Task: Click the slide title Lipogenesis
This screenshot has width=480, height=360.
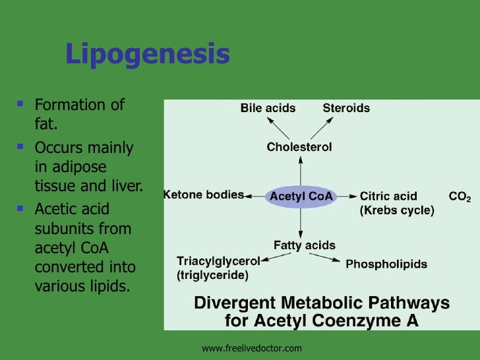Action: coord(147,55)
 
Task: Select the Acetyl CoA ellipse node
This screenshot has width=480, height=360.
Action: coord(301,196)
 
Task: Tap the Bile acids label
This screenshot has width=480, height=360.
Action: coord(268,108)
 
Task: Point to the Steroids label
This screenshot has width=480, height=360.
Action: coord(346,108)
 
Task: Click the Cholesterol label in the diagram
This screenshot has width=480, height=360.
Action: coord(299,147)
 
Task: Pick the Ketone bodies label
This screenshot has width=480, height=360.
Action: coord(204,196)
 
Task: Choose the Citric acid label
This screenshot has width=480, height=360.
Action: coord(388,196)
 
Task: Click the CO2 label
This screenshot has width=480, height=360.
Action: coord(460,196)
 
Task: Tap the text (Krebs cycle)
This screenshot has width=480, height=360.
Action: coord(397,211)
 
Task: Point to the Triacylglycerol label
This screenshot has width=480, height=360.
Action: coord(218,260)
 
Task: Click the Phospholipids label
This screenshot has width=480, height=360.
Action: coord(386,264)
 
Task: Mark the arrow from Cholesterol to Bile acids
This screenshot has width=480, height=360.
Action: coord(276,127)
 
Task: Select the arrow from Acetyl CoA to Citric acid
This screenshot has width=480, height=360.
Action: coord(347,196)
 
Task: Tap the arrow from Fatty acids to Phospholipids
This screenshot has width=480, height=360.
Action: coord(329,256)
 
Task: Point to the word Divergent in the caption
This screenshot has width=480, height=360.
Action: coord(235,304)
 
